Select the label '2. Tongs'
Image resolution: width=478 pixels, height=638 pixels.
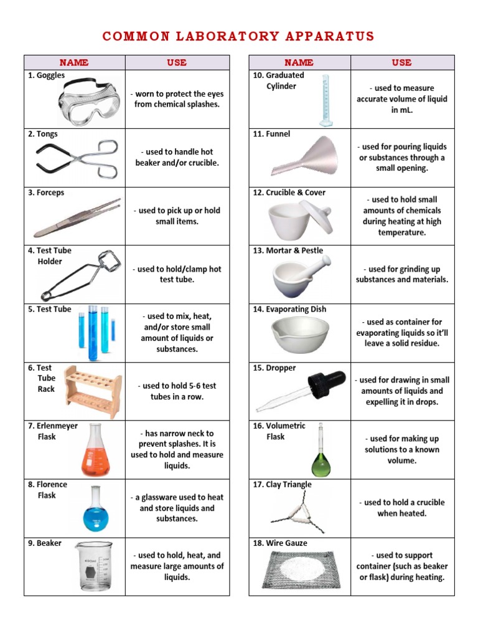coord(43,134)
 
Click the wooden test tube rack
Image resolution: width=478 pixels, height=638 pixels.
coord(93,390)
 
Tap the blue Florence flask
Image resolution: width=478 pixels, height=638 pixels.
coord(96,511)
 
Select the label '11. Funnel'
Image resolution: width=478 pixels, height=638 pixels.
coord(271,134)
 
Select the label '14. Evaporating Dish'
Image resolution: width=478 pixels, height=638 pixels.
coord(289,309)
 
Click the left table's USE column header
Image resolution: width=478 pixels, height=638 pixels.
coord(177,62)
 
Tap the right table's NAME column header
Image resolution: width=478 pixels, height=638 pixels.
coord(299,62)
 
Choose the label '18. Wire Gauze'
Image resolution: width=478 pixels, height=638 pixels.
coord(280,543)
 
